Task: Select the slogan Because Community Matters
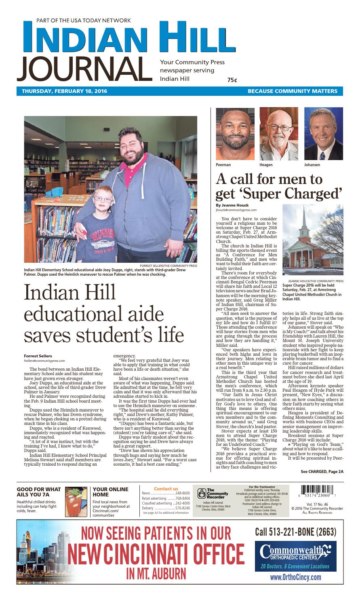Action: [x=293, y=91]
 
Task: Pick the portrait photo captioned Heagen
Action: [x=278, y=134]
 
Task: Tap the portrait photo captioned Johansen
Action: [x=323, y=134]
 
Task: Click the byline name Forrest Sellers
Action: [x=38, y=356]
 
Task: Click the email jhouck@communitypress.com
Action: [x=236, y=210]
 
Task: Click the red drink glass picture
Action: [x=77, y=501]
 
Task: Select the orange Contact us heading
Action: [x=166, y=489]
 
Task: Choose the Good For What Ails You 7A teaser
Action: [x=38, y=492]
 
